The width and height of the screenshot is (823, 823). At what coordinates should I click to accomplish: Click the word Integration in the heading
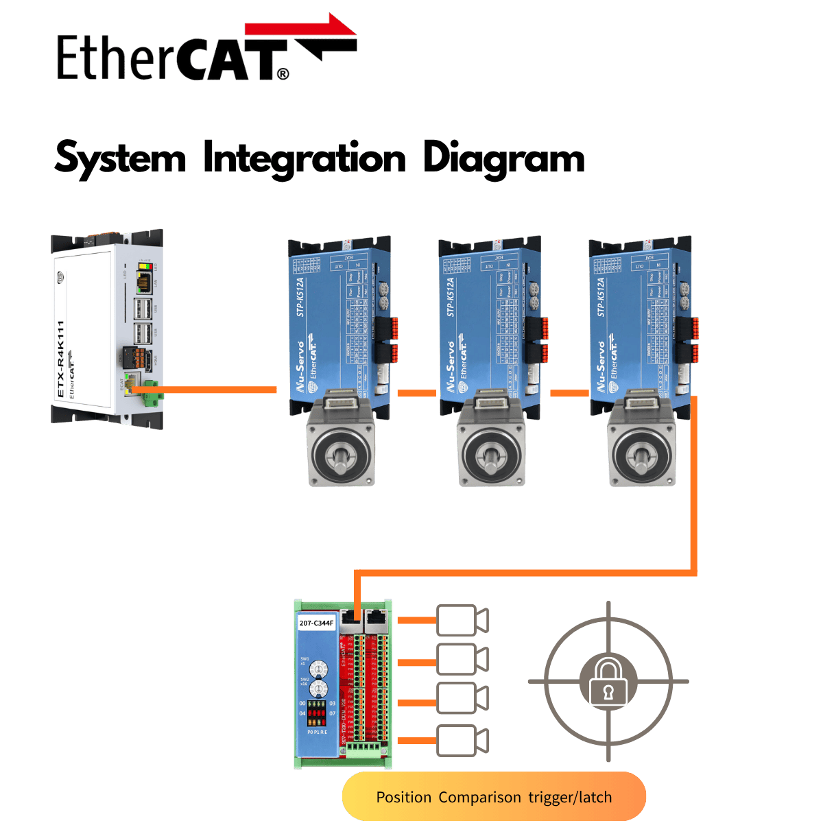(x=305, y=158)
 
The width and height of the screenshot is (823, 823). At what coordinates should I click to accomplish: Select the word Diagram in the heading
(x=503, y=158)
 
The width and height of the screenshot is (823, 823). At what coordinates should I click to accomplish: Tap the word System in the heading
(x=120, y=158)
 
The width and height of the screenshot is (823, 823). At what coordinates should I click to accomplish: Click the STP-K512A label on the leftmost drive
(x=300, y=297)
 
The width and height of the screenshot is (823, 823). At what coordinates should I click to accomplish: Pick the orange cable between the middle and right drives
(x=569, y=393)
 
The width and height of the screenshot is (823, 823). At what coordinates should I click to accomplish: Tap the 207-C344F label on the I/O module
(x=316, y=623)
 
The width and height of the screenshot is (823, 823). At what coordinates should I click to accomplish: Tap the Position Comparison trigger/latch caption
(x=494, y=797)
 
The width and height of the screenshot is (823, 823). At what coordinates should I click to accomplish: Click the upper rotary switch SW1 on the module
(x=317, y=667)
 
